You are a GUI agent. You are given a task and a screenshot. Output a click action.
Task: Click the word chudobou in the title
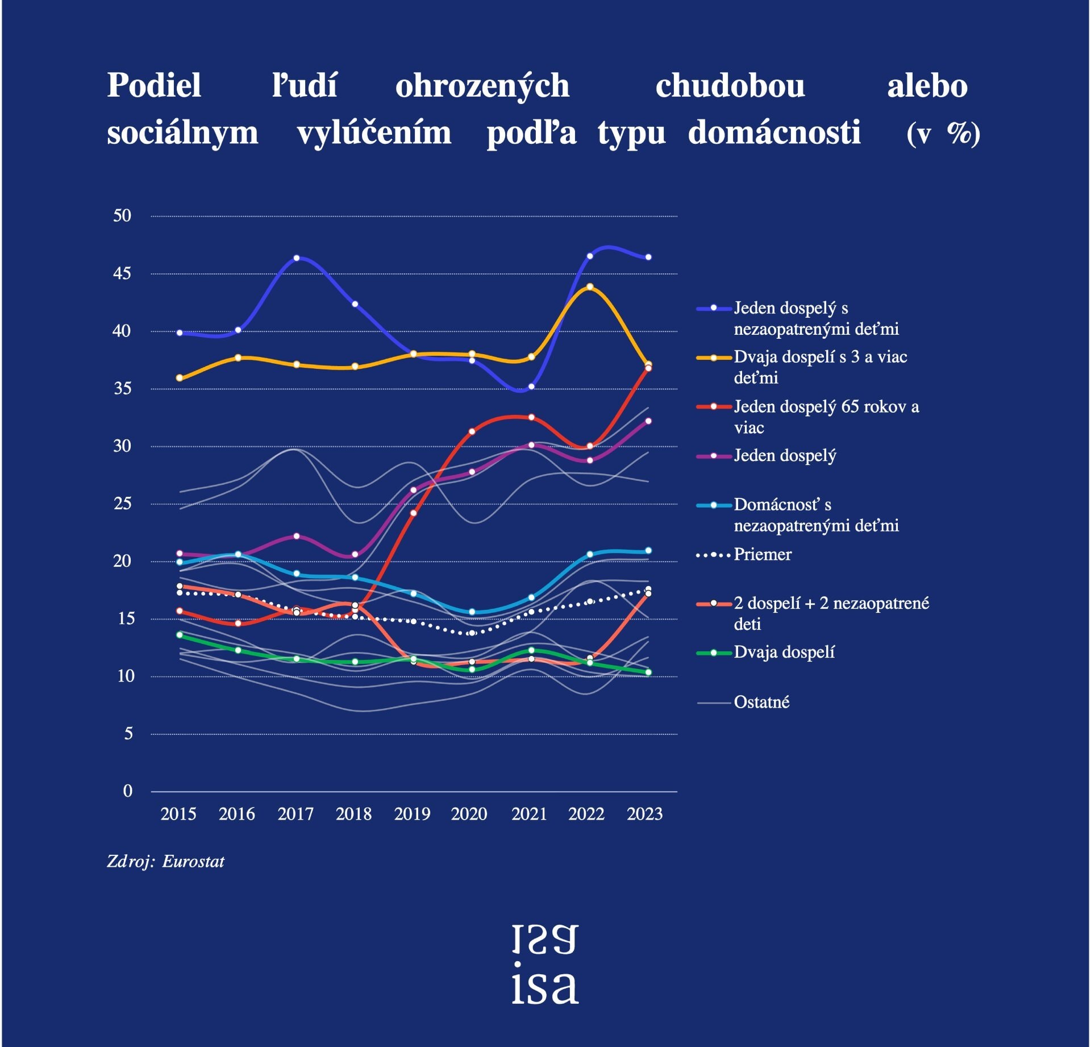click(730, 86)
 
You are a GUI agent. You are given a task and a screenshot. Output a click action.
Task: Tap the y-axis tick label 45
click(122, 273)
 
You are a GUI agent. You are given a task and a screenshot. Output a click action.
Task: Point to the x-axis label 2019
click(412, 814)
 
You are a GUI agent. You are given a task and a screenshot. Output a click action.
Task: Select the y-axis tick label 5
click(128, 733)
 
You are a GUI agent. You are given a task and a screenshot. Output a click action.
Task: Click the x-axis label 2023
click(644, 814)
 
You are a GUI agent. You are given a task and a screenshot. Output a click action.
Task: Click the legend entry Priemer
click(762, 554)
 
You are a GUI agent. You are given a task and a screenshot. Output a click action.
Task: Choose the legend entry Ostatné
click(761, 703)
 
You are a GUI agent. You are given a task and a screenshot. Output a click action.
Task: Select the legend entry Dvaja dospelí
click(784, 652)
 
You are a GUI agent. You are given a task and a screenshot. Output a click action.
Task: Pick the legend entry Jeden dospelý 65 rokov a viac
click(826, 417)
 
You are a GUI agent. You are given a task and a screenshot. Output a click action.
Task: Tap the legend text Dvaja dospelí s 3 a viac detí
click(820, 367)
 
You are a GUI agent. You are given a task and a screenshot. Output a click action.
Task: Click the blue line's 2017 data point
click(297, 258)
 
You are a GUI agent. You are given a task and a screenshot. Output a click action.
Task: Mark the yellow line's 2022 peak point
click(590, 287)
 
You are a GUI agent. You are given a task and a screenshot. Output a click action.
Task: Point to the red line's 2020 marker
click(472, 431)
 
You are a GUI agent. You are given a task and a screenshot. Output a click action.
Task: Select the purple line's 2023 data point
click(648, 421)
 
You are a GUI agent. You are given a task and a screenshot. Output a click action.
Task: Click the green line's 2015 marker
click(180, 635)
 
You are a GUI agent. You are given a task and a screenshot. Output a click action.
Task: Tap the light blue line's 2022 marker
click(590, 554)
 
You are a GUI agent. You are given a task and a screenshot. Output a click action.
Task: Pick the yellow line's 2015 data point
click(180, 378)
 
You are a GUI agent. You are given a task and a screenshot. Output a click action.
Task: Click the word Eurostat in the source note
click(193, 862)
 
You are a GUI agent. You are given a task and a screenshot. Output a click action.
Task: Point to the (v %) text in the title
click(943, 134)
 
